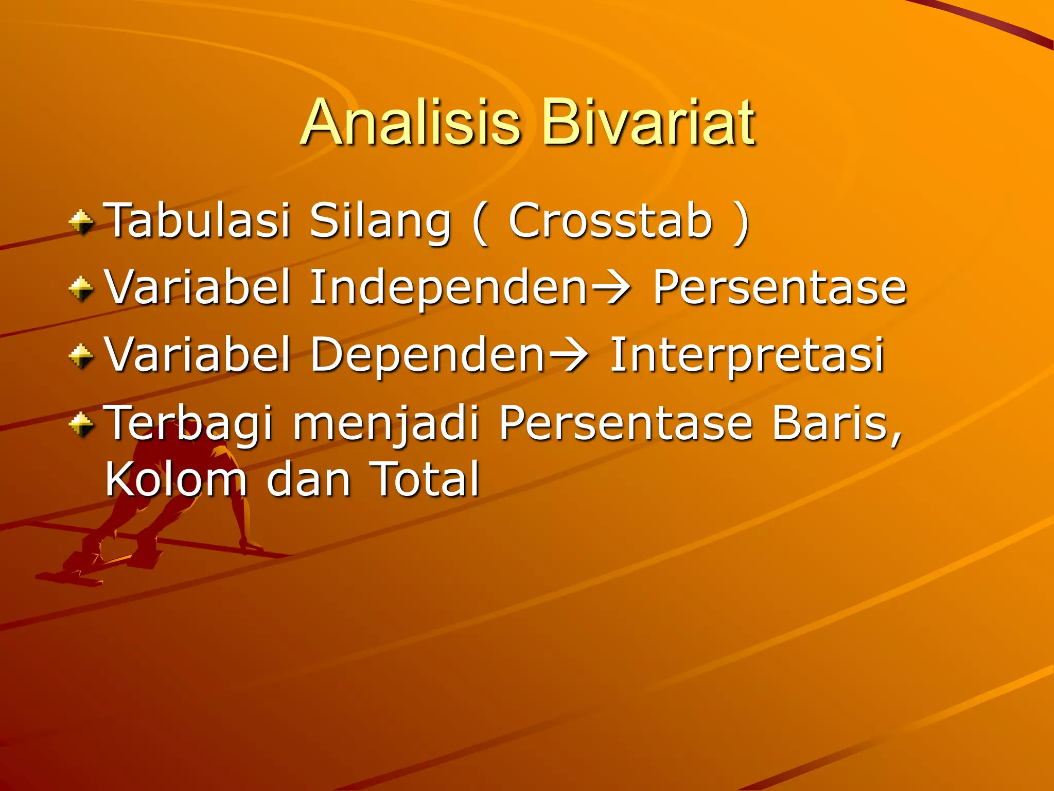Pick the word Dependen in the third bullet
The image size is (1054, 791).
pyautogui.click(x=427, y=355)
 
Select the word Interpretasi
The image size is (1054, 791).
pyautogui.click(x=746, y=355)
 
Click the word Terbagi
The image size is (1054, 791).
pyautogui.click(x=188, y=423)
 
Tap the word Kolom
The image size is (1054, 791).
pyautogui.click(x=175, y=479)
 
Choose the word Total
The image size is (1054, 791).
pyautogui.click(x=424, y=479)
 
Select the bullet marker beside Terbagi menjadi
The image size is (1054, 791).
pyautogui.click(x=81, y=424)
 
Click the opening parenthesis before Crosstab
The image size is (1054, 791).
pyautogui.click(x=480, y=222)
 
